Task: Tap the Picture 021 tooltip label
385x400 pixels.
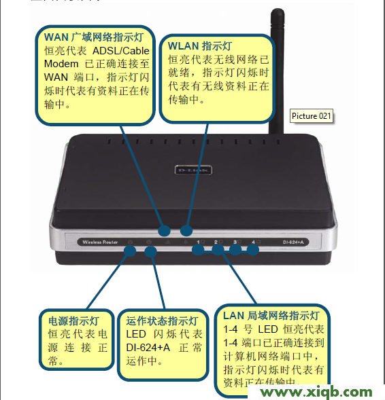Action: pyautogui.click(x=312, y=116)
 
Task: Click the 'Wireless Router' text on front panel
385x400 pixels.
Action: pyautogui.click(x=100, y=242)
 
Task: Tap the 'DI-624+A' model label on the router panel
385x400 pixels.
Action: pyautogui.click(x=297, y=242)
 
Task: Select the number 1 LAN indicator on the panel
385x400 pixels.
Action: pyautogui.click(x=200, y=242)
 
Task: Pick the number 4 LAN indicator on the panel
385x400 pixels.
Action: pyautogui.click(x=254, y=242)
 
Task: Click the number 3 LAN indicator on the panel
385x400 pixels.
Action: pyautogui.click(x=236, y=242)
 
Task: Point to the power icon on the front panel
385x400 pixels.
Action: pyautogui.click(x=130, y=242)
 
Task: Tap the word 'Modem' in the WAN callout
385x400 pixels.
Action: pyautogui.click(x=61, y=64)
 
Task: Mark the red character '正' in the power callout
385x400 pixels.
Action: pyautogui.click(x=103, y=348)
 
